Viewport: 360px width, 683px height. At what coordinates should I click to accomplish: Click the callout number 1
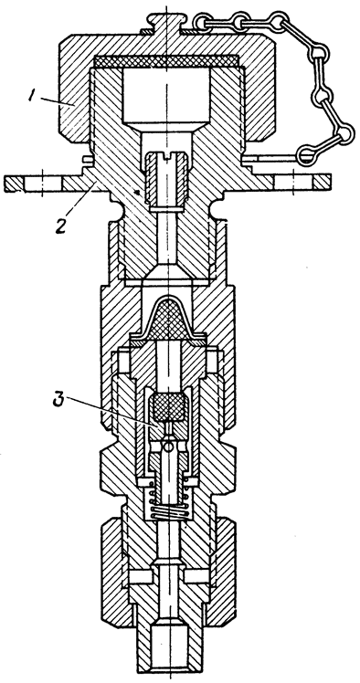coord(31,95)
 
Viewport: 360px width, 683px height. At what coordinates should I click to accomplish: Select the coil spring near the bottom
coord(168,501)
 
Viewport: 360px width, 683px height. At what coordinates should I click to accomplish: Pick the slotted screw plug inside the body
coord(168,177)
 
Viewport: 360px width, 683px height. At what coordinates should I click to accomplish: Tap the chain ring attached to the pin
coord(311,154)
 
